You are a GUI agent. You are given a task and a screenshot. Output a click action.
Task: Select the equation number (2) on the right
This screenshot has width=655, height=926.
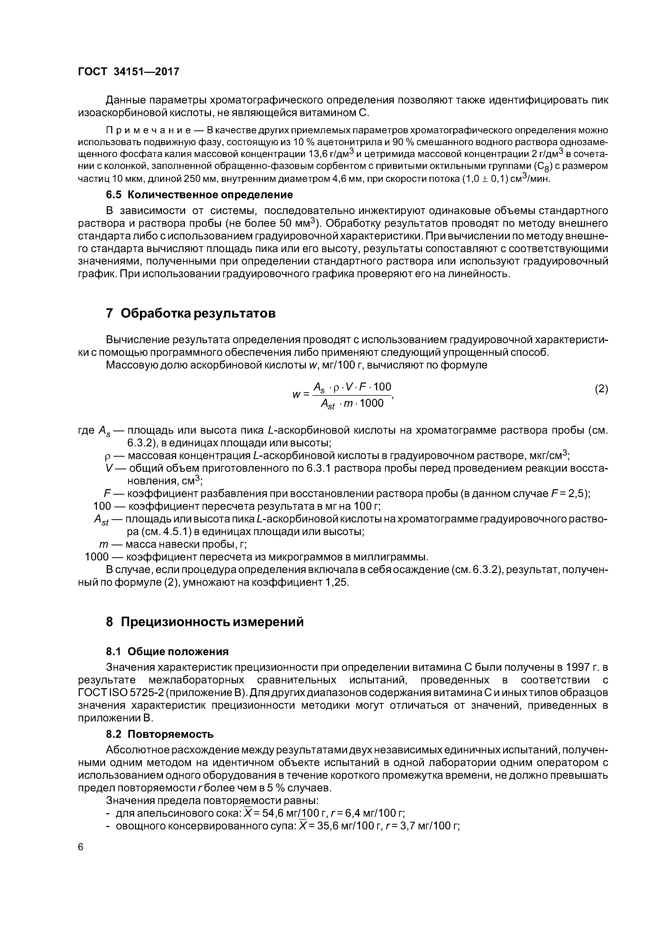point(601,389)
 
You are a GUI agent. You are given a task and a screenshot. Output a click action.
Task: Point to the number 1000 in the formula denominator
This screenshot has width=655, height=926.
point(371,403)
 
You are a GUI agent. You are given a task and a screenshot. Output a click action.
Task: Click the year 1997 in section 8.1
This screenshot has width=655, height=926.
point(568,667)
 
